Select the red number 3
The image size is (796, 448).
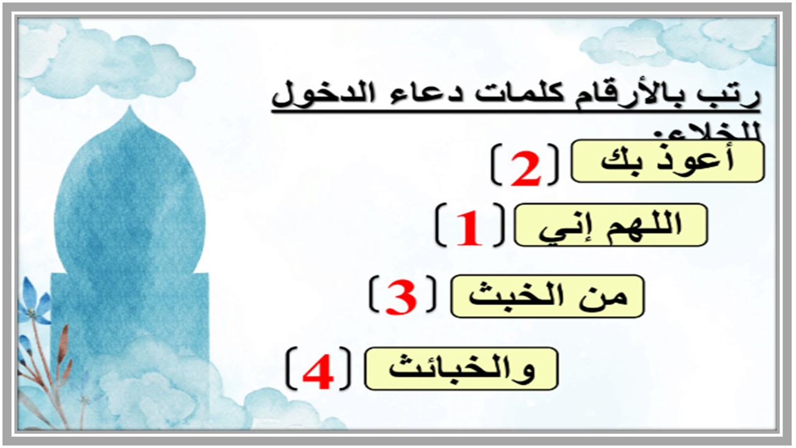coord(400,297)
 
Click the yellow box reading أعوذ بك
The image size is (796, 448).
coord(667,162)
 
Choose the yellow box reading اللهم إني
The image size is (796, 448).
coord(611,225)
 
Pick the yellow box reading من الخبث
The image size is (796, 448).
coord(547,296)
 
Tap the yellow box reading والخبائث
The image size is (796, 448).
coord(461,369)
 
